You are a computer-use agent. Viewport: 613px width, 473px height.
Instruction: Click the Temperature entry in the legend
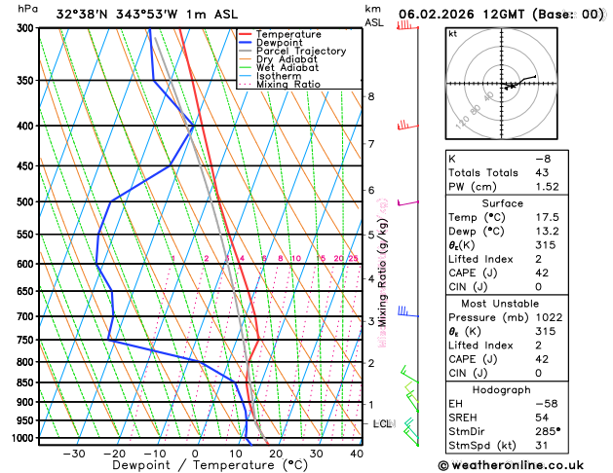click(x=289, y=34)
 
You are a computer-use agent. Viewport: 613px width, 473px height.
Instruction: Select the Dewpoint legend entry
click(x=284, y=43)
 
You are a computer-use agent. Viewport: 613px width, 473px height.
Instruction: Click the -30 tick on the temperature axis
click(x=73, y=454)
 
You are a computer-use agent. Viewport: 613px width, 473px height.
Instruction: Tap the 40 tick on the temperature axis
click(x=357, y=454)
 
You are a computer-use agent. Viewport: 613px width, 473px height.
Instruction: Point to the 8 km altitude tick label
click(x=370, y=96)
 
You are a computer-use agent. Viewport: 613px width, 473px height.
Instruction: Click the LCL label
click(x=382, y=424)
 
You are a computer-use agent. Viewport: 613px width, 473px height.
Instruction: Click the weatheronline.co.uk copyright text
click(x=524, y=464)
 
